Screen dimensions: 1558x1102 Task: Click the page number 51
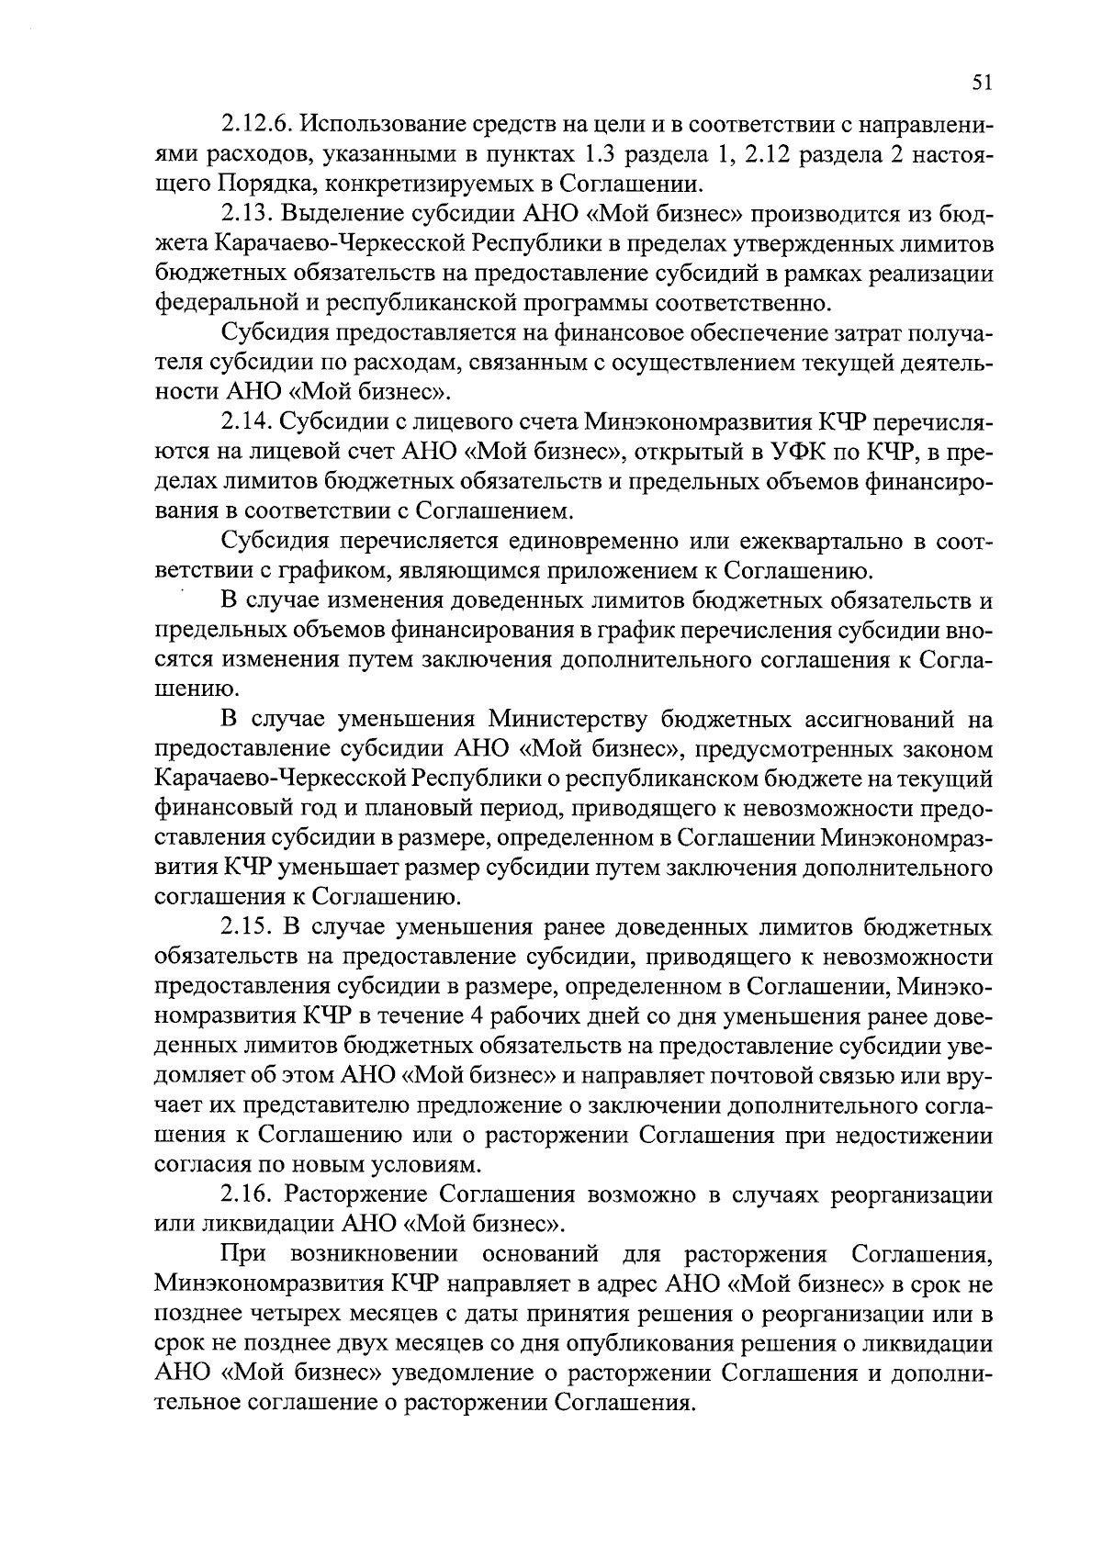click(x=981, y=83)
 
